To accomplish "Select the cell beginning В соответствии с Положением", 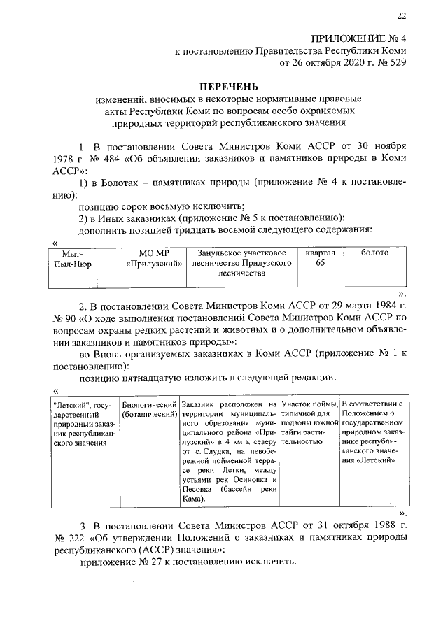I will [x=369, y=433].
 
